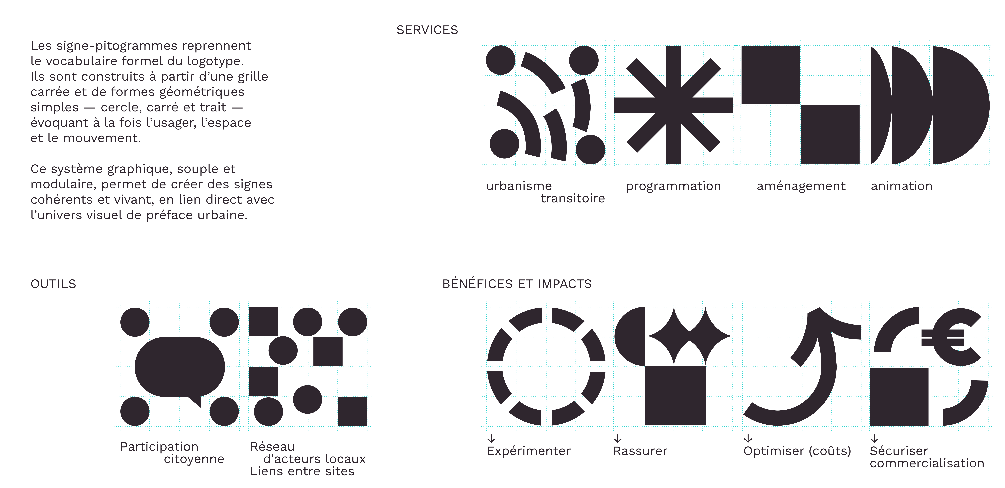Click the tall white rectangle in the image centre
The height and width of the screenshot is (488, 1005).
pos(351,170)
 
